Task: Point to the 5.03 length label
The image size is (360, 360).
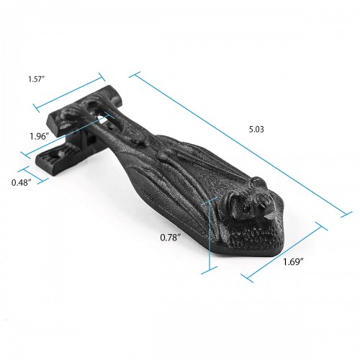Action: coord(256,130)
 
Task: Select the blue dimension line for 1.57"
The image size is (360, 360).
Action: coord(70,91)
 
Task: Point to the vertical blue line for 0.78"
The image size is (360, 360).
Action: coord(210,236)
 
